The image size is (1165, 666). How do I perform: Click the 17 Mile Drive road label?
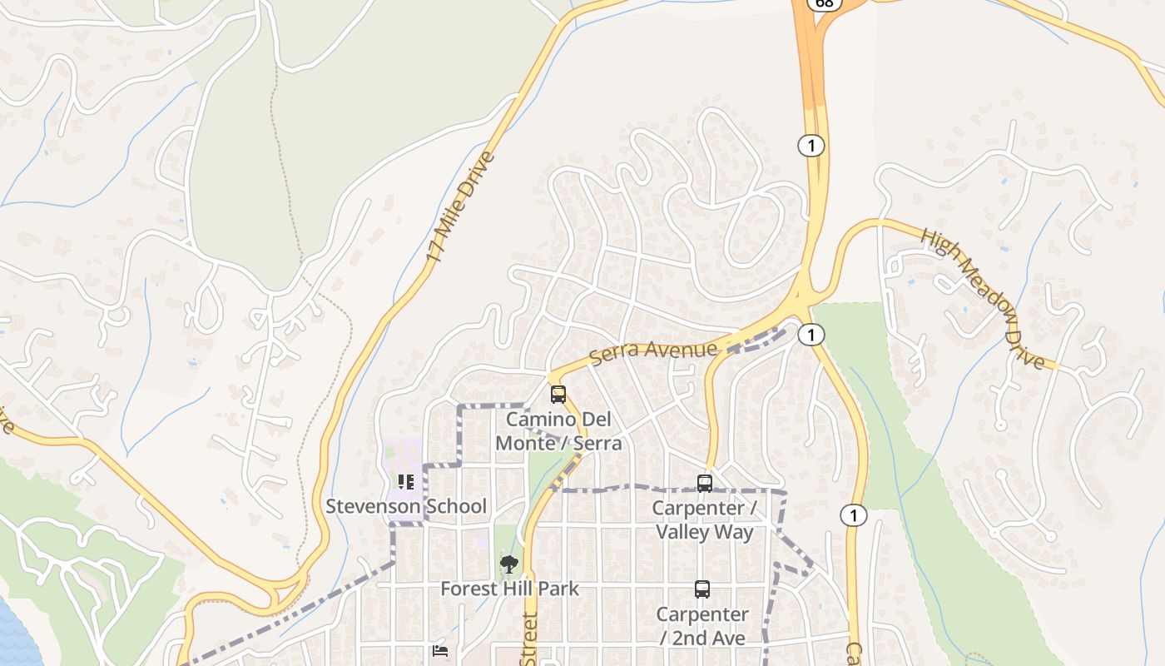(x=460, y=207)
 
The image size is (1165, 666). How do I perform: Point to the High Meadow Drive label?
(x=982, y=297)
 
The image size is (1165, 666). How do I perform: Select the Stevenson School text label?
(x=406, y=506)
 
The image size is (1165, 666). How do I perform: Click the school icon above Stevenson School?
(x=406, y=481)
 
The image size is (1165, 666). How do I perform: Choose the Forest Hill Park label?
(x=509, y=589)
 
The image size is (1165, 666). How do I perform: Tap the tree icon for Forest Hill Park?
(x=508, y=564)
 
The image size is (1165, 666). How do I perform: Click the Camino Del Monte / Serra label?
(x=558, y=430)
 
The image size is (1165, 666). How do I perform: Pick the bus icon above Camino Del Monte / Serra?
(x=558, y=394)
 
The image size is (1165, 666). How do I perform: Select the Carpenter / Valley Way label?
(x=705, y=519)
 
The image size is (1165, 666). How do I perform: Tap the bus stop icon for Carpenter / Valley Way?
(x=705, y=483)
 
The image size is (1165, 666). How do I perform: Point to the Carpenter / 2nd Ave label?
(x=702, y=626)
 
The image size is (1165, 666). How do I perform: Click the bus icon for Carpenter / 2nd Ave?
(x=702, y=589)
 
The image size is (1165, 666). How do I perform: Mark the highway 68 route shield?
(x=825, y=3)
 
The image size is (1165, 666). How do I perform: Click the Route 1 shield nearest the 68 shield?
(x=811, y=146)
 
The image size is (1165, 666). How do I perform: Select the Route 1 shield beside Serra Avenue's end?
(x=811, y=335)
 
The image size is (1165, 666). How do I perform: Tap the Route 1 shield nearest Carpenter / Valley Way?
(x=853, y=515)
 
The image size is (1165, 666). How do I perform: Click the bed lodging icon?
(x=440, y=651)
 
